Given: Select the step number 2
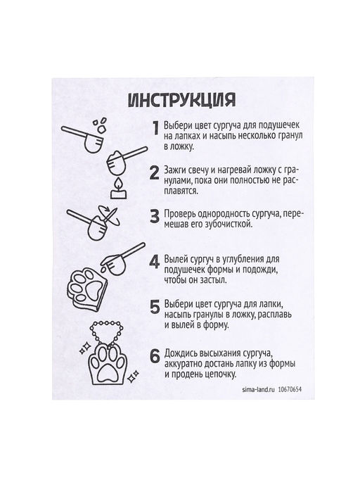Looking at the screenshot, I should coord(155,174).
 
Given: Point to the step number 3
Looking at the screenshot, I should coord(155,216).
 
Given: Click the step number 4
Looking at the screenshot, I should coord(155,262).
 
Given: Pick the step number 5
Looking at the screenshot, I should coord(155,308).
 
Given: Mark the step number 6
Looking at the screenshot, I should coord(155,355).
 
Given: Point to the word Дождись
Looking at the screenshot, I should coord(187,351).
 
